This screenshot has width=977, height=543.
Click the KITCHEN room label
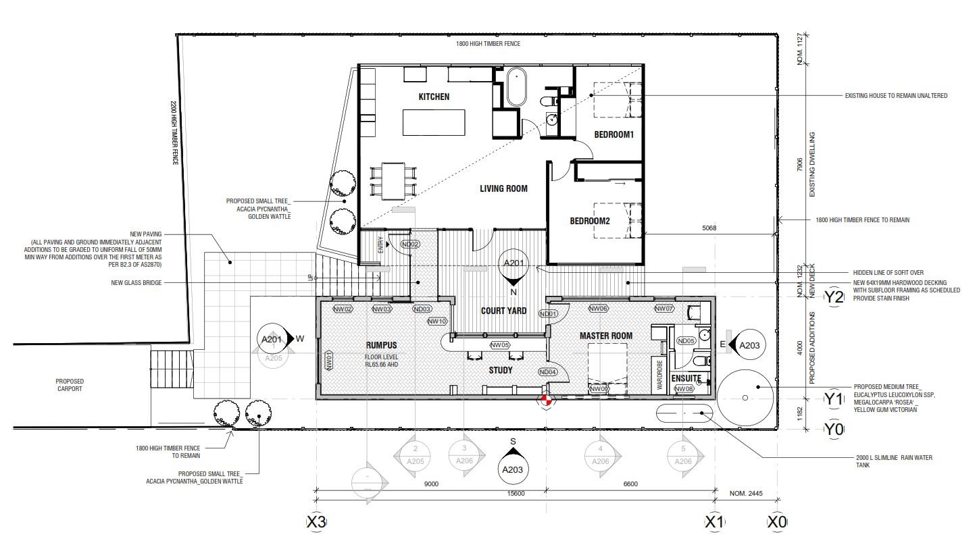point(434,97)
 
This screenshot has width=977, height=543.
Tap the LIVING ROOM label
point(503,188)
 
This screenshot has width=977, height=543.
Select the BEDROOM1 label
point(613,134)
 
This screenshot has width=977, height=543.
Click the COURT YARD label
point(499,311)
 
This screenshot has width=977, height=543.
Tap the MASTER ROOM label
point(605,336)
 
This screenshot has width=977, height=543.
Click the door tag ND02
point(410,244)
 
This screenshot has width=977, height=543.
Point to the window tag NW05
point(500,345)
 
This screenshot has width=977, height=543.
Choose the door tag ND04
point(547,372)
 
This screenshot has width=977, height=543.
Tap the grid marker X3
point(316,522)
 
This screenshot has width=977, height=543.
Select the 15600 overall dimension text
point(516,494)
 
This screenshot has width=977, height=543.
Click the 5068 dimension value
point(708,228)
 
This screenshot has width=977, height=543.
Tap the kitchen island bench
point(434,123)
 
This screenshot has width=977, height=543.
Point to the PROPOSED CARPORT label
point(70,385)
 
